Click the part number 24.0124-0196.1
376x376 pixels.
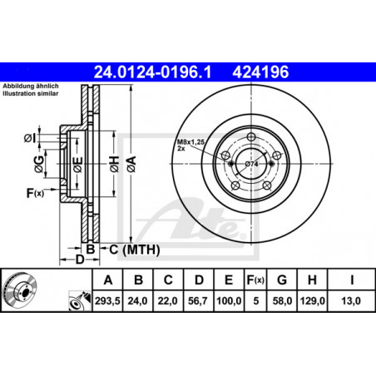pos(152,72)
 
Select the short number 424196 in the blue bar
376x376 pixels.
pos(260,72)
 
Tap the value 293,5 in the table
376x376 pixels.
pos(107,300)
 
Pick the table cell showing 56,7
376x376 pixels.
pos(198,300)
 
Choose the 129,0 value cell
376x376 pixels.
pos(312,300)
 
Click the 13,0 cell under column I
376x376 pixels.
pos(351,300)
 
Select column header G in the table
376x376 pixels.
pos(282,280)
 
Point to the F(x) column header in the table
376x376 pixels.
pos(255,280)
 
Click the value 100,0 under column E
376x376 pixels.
pos(229,300)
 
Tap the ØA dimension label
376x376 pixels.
pos(131,164)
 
